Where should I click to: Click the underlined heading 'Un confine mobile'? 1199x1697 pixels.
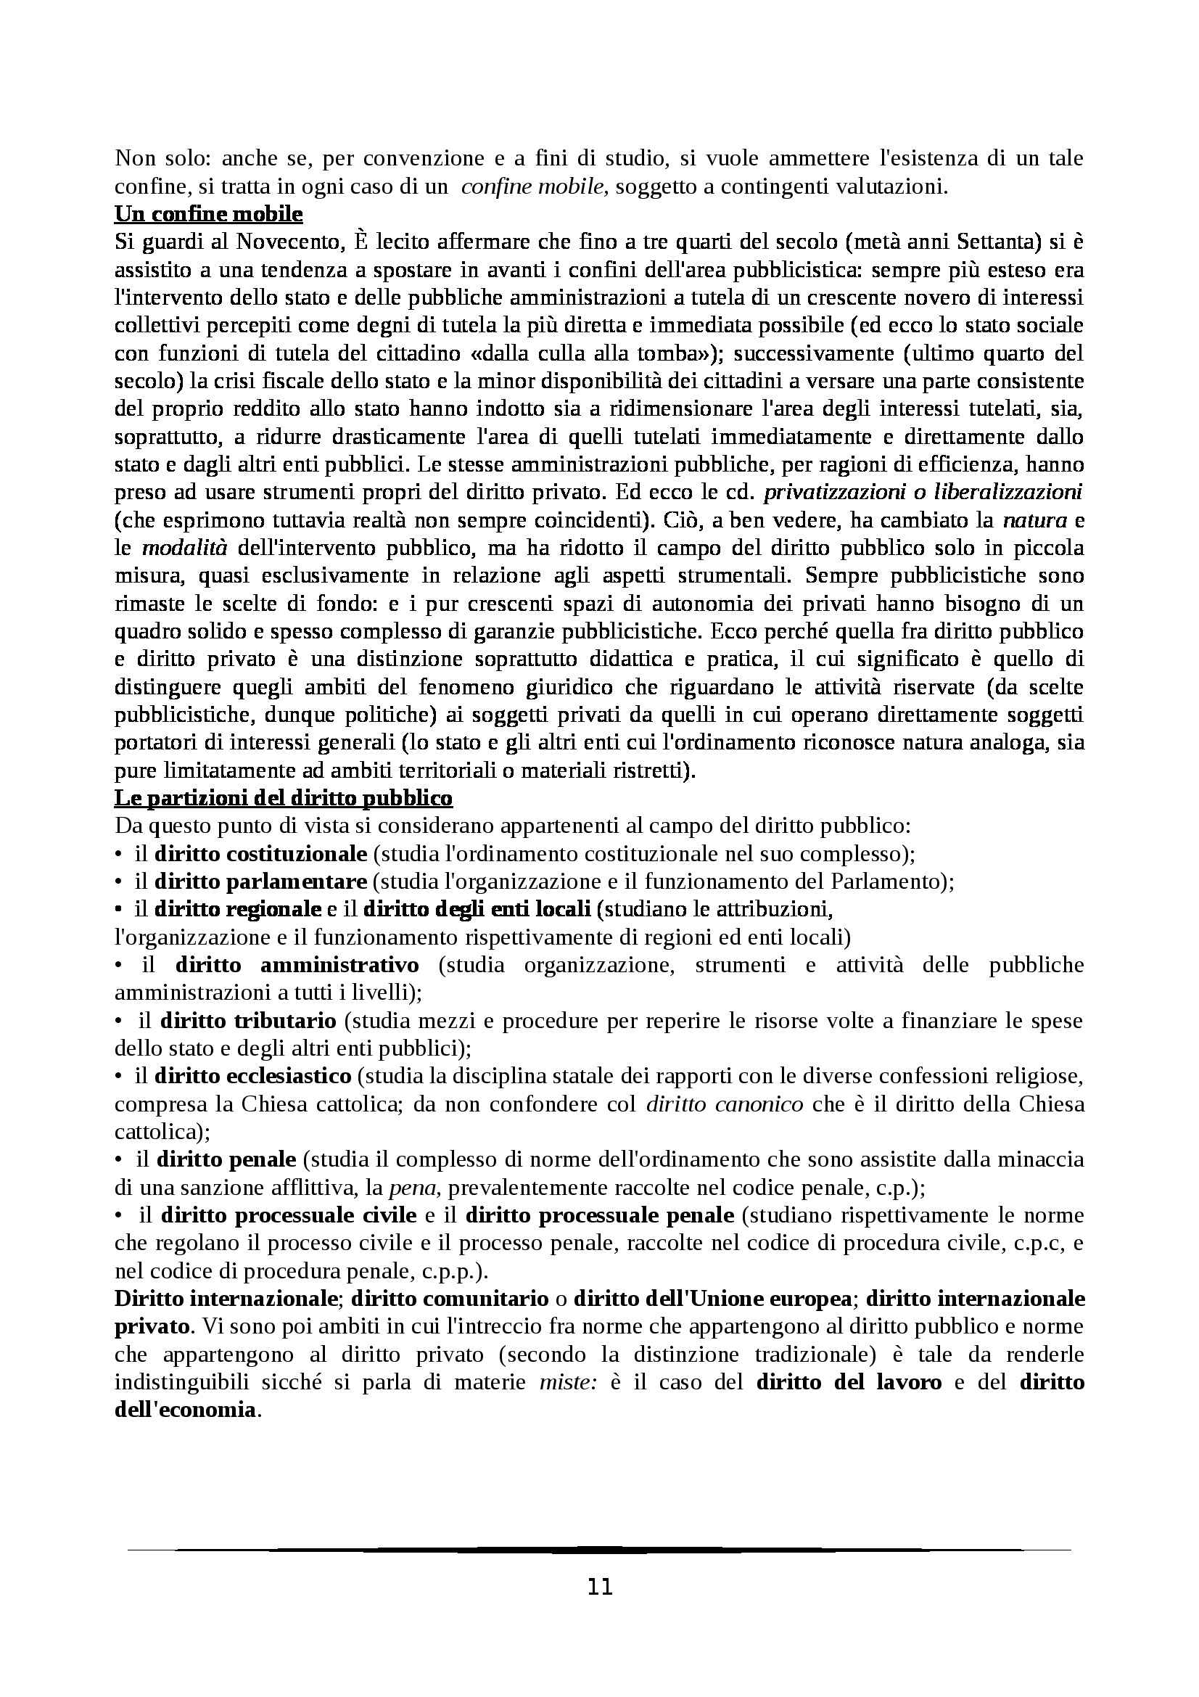208,214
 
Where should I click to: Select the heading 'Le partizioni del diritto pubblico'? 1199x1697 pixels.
283,798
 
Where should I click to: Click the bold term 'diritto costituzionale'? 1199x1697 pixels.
261,854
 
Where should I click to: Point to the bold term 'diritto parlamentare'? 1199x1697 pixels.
261,881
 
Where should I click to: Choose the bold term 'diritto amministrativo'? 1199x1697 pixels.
297,965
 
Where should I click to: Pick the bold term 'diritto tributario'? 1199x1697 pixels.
248,1021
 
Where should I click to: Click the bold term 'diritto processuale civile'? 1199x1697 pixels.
289,1215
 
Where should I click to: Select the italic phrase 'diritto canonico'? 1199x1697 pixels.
724,1104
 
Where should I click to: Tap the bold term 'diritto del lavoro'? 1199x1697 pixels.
849,1382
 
